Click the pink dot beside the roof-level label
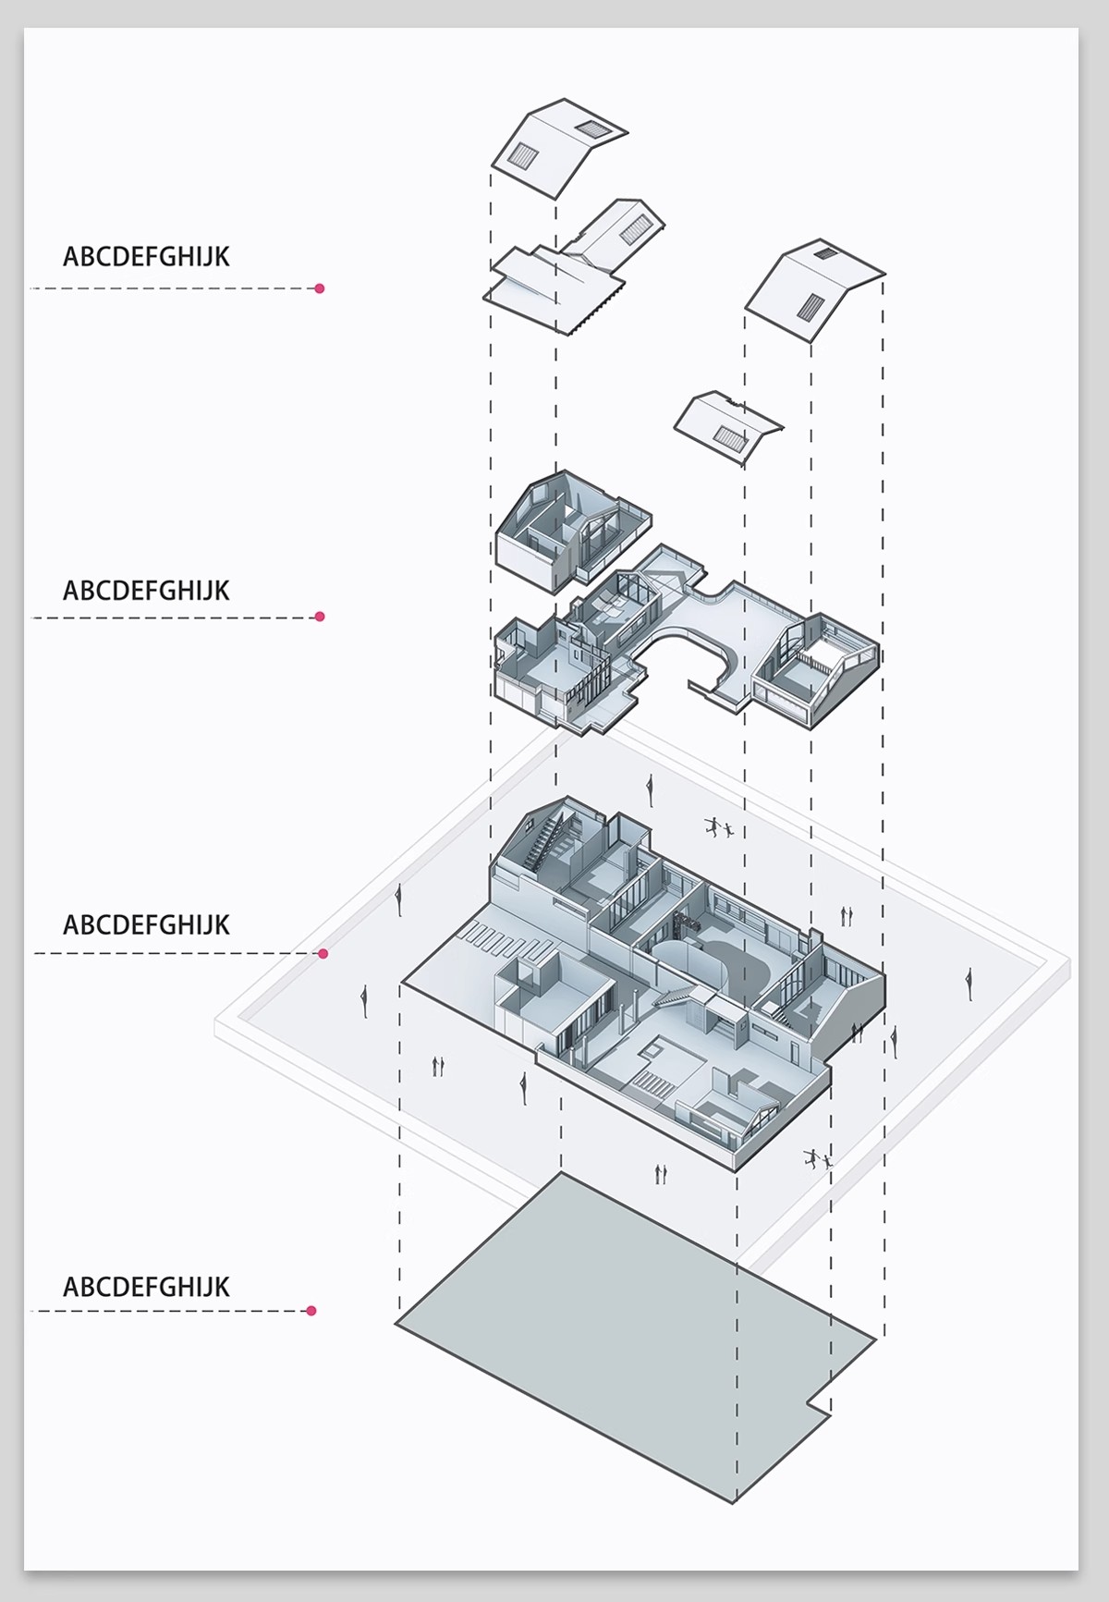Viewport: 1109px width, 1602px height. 320,288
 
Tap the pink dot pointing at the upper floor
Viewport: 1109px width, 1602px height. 320,617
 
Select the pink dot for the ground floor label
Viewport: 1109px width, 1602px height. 323,953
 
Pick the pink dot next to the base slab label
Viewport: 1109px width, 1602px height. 311,1310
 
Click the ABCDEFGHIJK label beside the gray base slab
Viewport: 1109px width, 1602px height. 146,1287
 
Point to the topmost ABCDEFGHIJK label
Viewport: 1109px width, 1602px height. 146,257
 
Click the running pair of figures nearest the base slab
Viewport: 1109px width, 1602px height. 817,1157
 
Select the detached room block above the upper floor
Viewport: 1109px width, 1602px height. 573,532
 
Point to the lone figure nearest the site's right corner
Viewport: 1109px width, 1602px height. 969,984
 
